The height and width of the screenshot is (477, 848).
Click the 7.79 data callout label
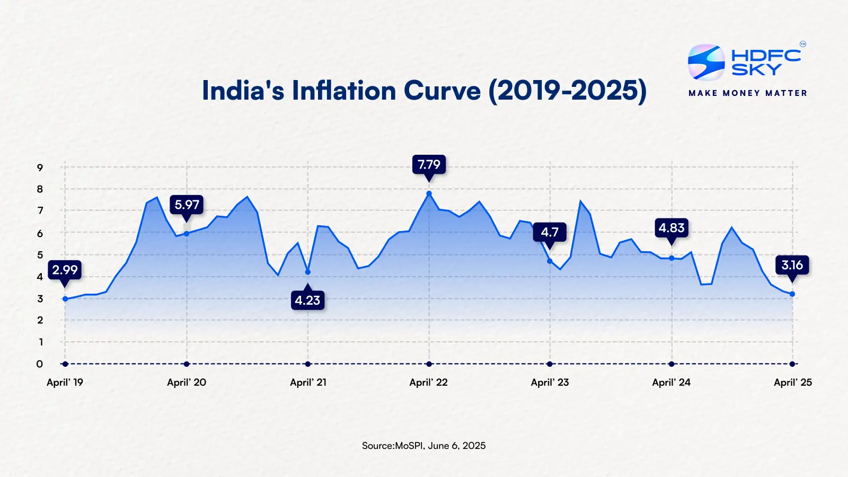coord(429,165)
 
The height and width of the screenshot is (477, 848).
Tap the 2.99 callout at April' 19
coord(65,270)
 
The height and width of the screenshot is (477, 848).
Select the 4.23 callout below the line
coord(307,301)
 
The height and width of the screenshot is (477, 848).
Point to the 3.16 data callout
coord(792,265)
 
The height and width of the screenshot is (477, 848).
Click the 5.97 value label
coord(187,205)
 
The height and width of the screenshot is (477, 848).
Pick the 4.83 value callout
coord(672,228)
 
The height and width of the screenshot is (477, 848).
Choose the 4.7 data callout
coord(550,232)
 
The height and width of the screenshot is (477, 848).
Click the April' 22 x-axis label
coord(428,382)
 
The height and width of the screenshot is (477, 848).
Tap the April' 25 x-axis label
coord(792,382)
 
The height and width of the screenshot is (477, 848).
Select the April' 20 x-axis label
coord(187,382)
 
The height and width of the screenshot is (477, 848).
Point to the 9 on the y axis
coord(40,167)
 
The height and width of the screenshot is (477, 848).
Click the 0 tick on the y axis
coord(40,364)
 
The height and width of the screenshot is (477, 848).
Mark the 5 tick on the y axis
coord(40,255)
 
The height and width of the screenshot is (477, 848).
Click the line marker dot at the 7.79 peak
coord(429,193)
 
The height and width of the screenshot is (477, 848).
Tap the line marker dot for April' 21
coord(308,272)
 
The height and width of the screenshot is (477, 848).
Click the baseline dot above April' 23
coord(550,364)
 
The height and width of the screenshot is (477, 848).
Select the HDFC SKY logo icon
coord(706,63)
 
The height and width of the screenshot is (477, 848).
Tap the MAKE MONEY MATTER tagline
coord(747,93)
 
